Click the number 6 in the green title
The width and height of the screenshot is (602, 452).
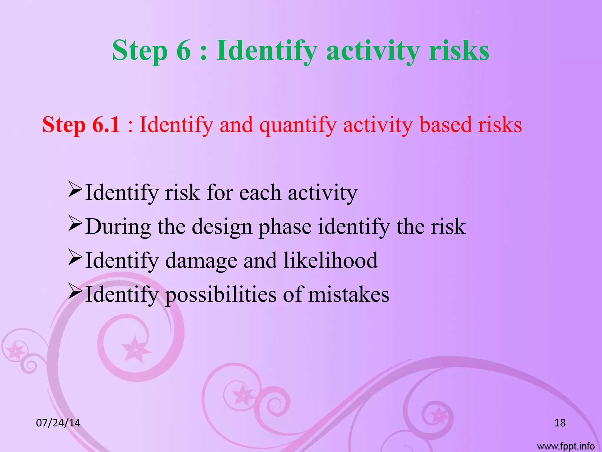[184, 51]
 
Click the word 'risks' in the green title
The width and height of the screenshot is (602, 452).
[459, 51]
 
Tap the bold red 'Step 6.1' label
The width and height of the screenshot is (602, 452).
[81, 125]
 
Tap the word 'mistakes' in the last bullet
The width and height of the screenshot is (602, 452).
[349, 295]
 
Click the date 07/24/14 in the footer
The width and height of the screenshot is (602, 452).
[58, 423]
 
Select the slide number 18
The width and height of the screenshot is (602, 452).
[560, 423]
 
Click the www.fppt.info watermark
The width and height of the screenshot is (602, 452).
[566, 446]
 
